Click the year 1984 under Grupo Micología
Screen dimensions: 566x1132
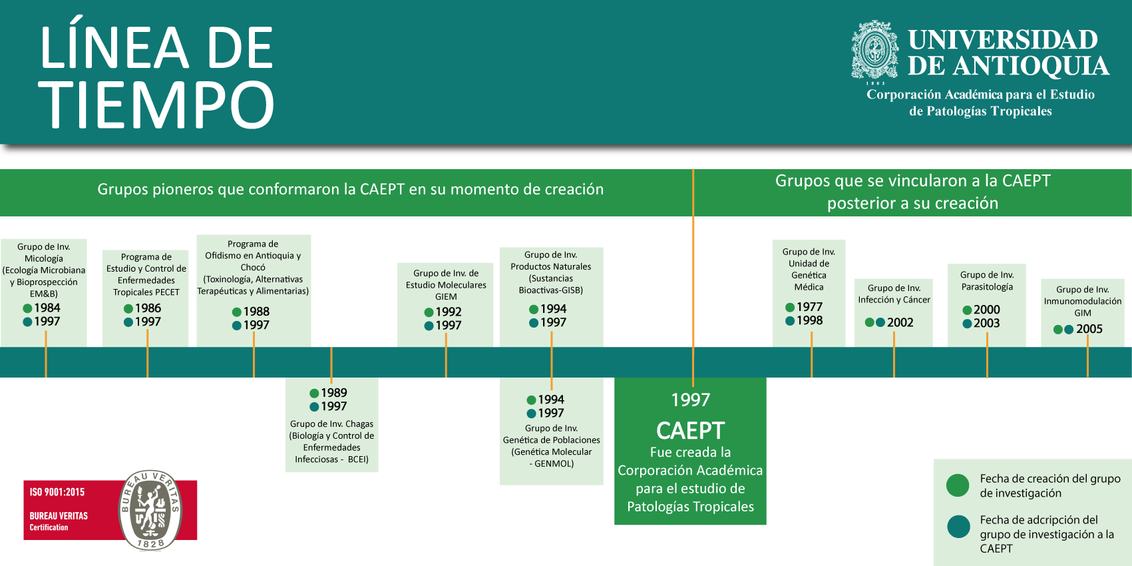tap(47, 308)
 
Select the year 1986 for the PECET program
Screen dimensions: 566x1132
tap(148, 308)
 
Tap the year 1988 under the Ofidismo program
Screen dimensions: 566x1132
tap(256, 312)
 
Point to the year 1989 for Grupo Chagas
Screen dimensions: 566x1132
tap(333, 393)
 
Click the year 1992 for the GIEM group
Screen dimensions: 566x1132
tap(449, 312)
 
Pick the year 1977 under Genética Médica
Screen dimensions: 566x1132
tap(809, 307)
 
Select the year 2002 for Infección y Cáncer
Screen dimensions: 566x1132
tap(900, 322)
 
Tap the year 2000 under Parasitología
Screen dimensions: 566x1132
tap(986, 310)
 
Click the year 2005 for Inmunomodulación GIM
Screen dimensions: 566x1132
tap(1089, 329)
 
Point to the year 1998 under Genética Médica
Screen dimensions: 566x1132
tap(809, 320)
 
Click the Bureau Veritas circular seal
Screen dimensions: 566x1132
tap(150, 509)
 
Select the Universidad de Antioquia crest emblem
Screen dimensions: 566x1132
tap(875, 51)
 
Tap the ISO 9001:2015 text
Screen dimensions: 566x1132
tap(57, 492)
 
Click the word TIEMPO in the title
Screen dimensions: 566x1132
tap(157, 105)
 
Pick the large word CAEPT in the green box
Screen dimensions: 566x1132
tap(690, 431)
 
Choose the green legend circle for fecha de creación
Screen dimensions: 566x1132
tap(958, 485)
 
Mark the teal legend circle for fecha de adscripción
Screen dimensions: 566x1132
tap(958, 527)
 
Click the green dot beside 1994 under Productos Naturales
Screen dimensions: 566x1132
tap(534, 309)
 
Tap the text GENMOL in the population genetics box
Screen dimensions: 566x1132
tap(554, 463)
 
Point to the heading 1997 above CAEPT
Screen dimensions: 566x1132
tap(690, 400)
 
